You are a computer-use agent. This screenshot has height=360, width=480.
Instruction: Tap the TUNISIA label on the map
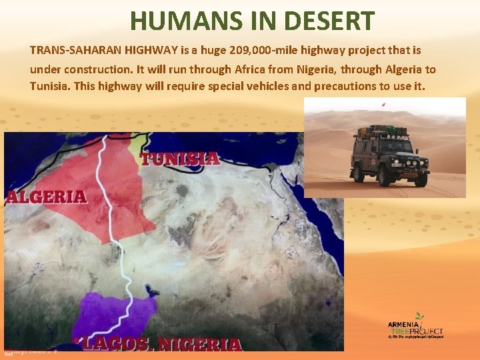point(179,159)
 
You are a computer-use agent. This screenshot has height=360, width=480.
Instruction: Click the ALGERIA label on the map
point(47,197)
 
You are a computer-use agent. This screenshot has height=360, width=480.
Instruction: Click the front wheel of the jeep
point(384,175)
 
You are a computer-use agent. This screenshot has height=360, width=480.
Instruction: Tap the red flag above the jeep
point(383,104)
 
